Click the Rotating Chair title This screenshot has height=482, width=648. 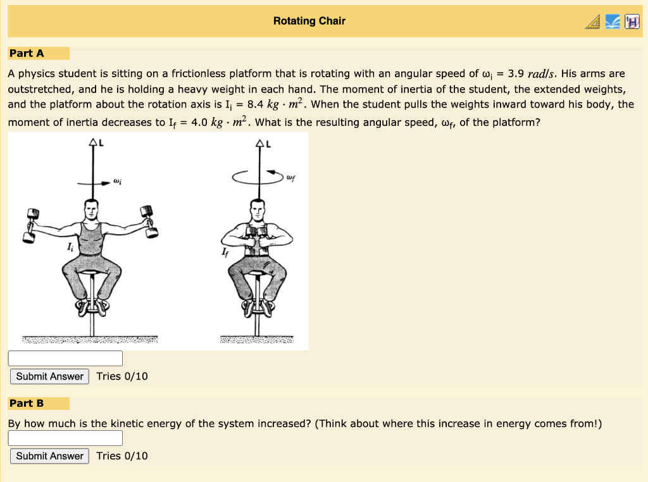coord(309,21)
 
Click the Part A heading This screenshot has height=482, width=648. coord(27,53)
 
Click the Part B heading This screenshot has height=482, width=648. coord(27,403)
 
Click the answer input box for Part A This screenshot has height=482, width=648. coord(65,358)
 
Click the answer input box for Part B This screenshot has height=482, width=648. coord(65,438)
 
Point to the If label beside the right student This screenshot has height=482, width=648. coord(225,254)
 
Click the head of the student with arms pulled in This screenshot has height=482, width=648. coord(256,209)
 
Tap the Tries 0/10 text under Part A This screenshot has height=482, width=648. coord(122,376)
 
